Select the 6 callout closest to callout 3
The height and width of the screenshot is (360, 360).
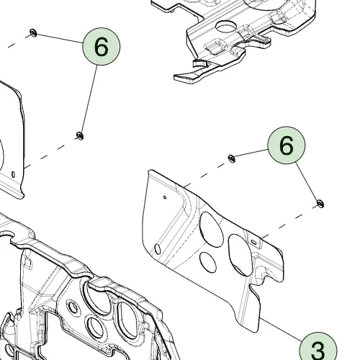click(287, 145)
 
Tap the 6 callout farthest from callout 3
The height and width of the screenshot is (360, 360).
click(102, 46)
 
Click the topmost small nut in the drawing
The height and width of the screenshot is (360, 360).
click(33, 32)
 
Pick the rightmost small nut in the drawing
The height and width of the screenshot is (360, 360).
click(320, 204)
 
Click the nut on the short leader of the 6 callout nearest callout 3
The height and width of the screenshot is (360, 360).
click(231, 158)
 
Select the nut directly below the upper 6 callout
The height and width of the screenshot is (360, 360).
click(80, 136)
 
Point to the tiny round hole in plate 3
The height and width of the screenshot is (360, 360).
click(165, 197)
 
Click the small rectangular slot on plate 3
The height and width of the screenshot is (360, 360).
click(253, 242)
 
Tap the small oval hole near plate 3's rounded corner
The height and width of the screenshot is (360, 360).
click(158, 249)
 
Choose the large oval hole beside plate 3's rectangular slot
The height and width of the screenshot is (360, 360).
click(240, 255)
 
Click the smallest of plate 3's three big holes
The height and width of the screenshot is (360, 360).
click(207, 262)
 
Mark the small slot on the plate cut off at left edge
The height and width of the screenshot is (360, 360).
click(13, 174)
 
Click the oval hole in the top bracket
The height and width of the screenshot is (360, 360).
click(227, 27)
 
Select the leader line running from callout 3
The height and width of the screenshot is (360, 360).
click(282, 330)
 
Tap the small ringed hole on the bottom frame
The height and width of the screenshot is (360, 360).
click(73, 307)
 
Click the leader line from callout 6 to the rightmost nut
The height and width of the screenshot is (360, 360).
click(307, 181)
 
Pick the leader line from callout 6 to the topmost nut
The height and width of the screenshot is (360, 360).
click(59, 38)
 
